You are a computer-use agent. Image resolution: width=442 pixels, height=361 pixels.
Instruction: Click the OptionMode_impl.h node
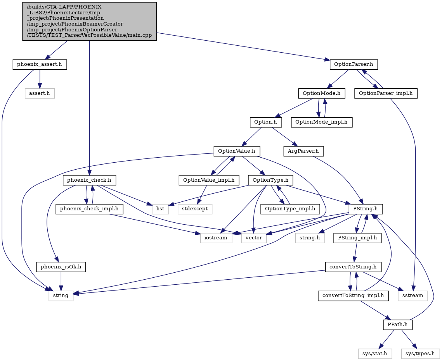pos(322,122)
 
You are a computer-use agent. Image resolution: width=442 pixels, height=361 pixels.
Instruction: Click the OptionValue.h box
pos(237,151)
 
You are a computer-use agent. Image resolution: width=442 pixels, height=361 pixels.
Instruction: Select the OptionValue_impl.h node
pos(209,180)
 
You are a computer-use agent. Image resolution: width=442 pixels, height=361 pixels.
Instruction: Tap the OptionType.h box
pos(270,180)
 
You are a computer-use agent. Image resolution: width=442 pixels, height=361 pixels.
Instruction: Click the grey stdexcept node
pos(195,209)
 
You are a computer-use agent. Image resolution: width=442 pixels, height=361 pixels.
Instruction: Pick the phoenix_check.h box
pos(89,180)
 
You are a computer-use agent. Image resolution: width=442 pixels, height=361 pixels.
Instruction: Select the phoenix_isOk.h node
pos(61,267)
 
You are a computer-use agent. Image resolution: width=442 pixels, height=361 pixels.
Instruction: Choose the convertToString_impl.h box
pos(353,296)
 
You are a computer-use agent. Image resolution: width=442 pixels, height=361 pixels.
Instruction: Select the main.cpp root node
pos(89,21)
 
